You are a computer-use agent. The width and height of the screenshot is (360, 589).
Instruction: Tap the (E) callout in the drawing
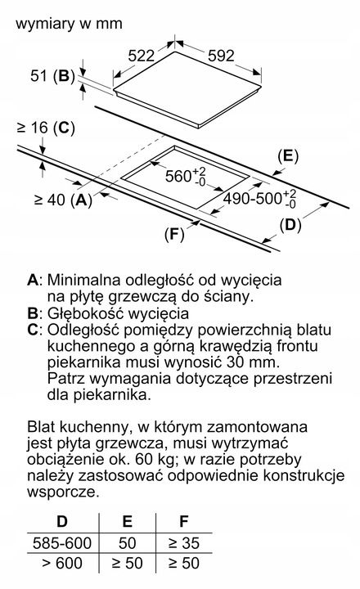coord(286,154)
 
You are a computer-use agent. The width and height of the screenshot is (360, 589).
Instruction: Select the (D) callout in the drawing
coord(289,223)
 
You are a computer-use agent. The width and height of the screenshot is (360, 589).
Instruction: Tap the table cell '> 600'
coord(61,563)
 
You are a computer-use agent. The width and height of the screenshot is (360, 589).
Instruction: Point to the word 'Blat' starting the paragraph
coord(43,427)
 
